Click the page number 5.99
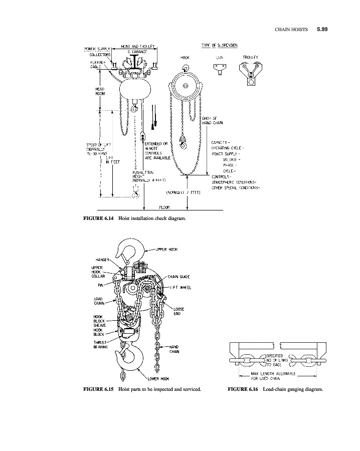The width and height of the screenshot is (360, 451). coord(322,30)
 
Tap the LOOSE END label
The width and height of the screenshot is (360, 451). coord(178,311)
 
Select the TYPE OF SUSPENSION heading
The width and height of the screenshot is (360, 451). coord(219,45)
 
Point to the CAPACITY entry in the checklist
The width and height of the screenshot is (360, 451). coord(221,143)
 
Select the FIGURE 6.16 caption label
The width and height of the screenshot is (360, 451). coord(243,389)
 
